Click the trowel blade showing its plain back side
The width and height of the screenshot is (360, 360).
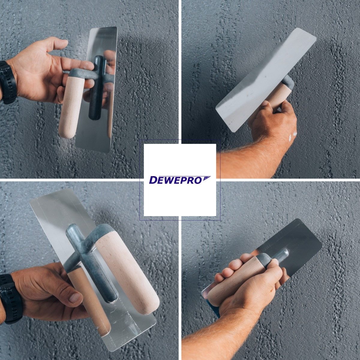(264, 78)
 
